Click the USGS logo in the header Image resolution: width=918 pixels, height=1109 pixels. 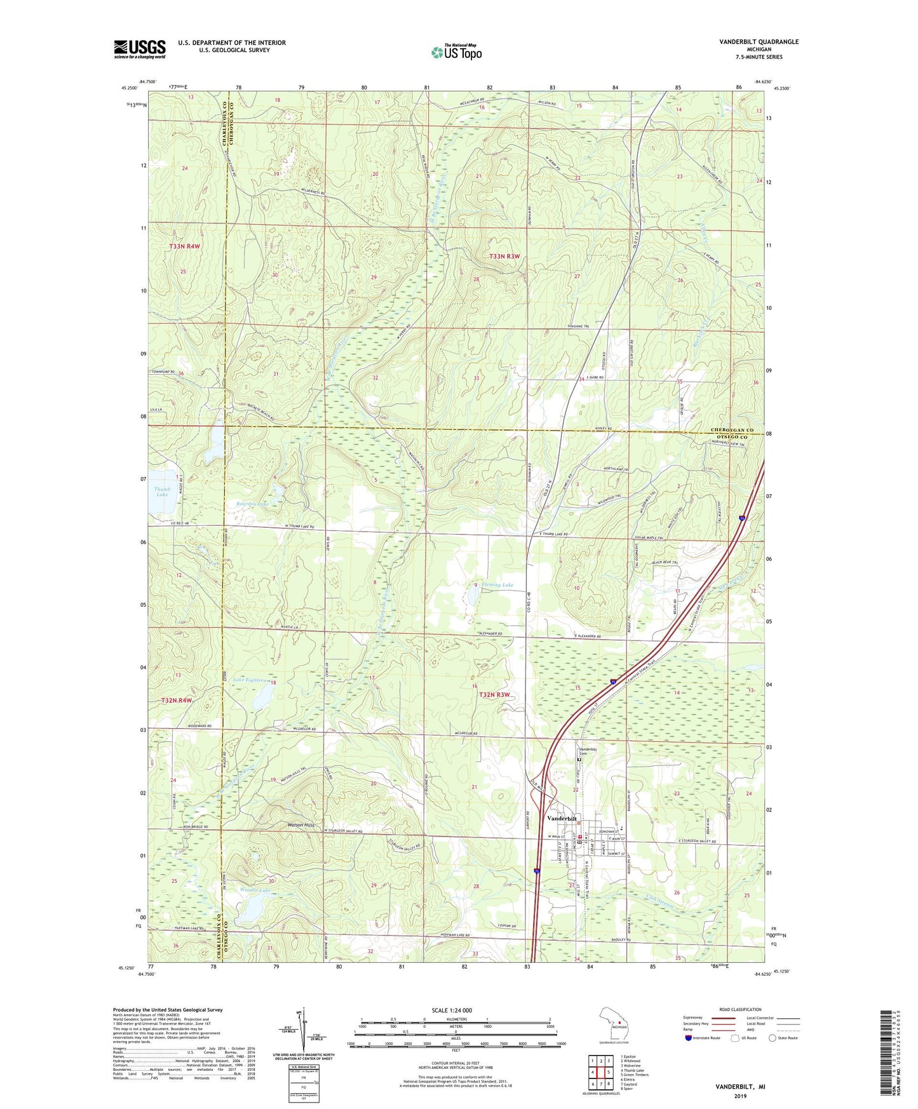[x=140, y=49]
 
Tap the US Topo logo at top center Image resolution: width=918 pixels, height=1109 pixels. [x=456, y=53]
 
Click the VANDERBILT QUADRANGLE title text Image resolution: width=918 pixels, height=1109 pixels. [x=759, y=42]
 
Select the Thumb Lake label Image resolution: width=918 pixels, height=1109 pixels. [x=162, y=492]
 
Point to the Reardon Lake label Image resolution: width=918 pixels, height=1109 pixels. [x=252, y=503]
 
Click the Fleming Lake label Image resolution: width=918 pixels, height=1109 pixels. [x=497, y=584]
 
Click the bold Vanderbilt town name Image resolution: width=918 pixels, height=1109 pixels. [x=562, y=819]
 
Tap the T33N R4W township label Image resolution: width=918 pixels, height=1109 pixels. [x=185, y=246]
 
